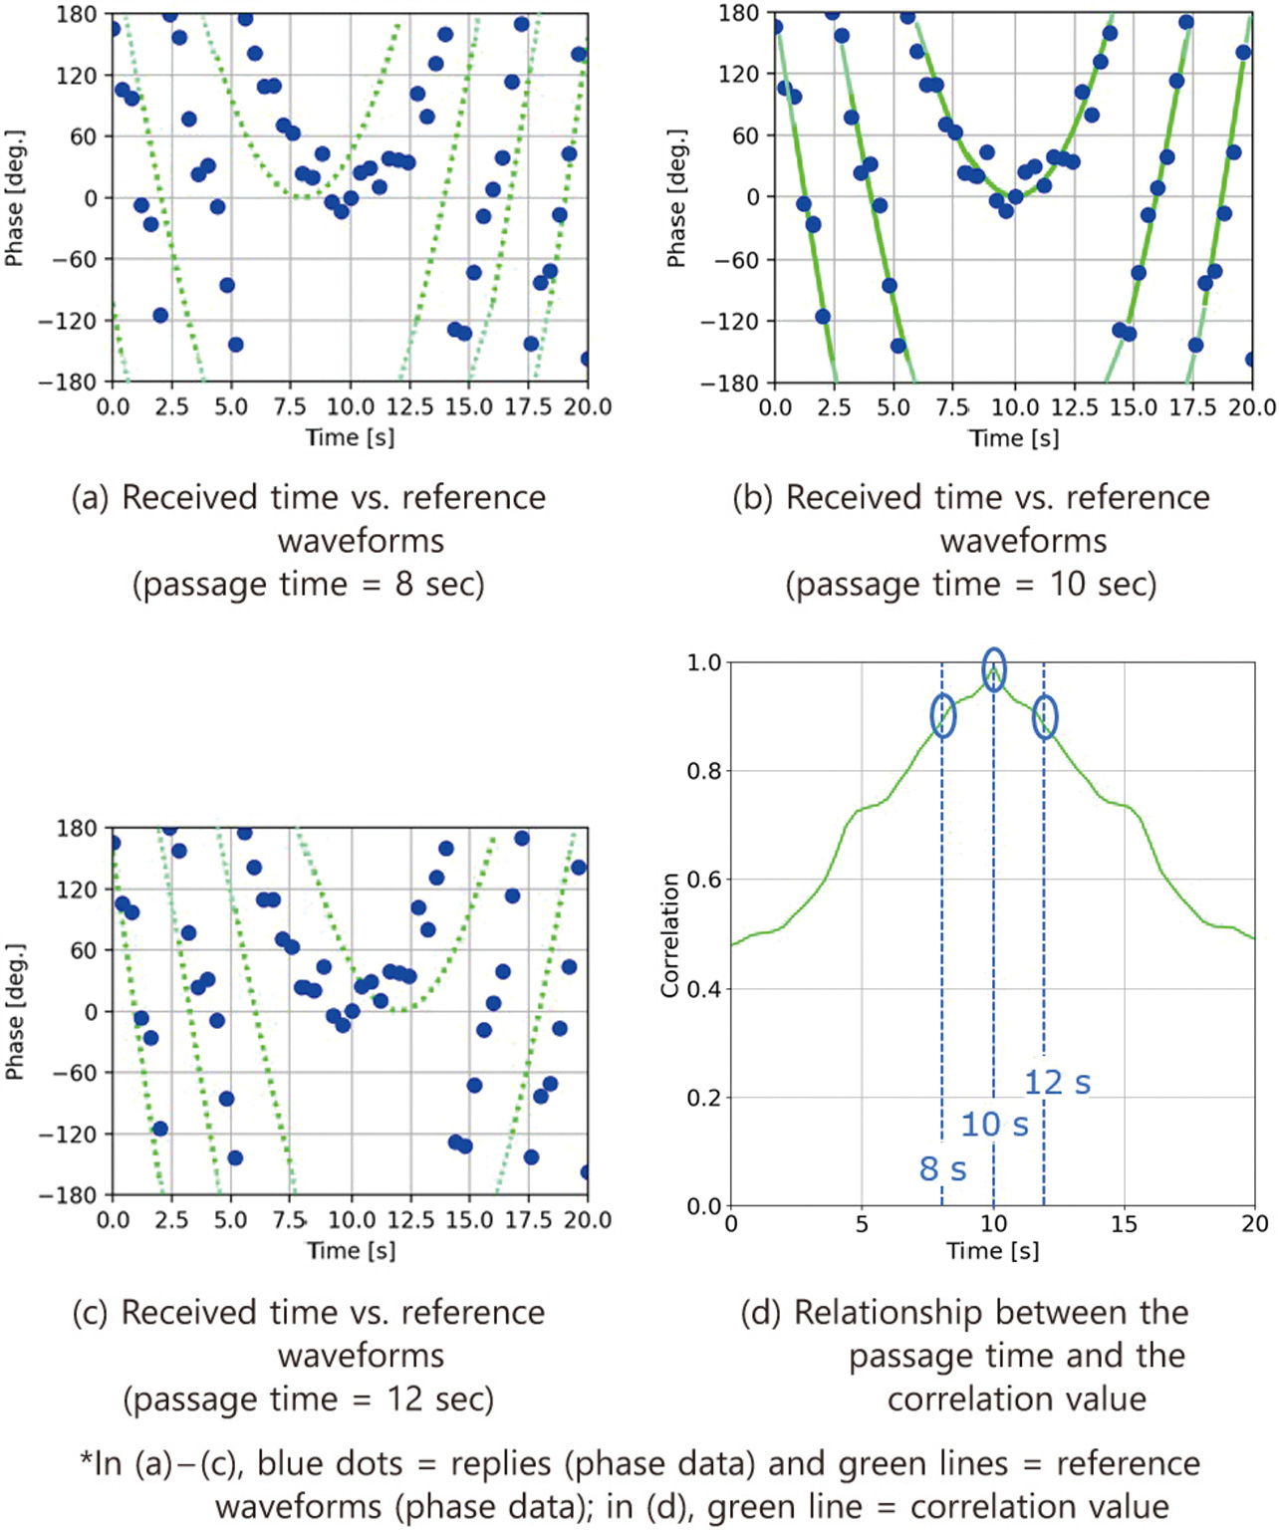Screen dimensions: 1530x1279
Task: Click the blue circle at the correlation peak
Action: (x=993, y=668)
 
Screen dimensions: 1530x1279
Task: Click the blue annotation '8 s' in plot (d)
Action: (x=942, y=1168)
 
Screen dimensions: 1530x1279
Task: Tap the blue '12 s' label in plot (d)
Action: (x=1057, y=1082)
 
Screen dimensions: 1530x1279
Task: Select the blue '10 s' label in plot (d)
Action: (x=994, y=1125)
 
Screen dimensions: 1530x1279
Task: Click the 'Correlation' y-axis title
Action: (x=669, y=934)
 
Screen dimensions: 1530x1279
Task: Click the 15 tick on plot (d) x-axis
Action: (x=1124, y=1224)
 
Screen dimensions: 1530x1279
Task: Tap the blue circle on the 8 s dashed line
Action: (x=942, y=715)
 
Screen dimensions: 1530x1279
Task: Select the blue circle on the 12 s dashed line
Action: (x=1044, y=716)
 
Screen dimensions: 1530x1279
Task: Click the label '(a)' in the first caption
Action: (x=90, y=498)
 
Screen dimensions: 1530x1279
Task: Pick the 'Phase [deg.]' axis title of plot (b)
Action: (x=676, y=198)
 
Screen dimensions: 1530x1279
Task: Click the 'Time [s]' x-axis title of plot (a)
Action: (x=350, y=437)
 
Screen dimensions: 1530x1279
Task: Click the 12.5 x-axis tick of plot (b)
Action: (x=1074, y=407)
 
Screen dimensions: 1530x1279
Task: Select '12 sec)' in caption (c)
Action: (x=439, y=1399)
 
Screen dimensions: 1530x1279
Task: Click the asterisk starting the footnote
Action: (x=86, y=1460)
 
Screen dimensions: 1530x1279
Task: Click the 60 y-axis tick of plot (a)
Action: (x=84, y=136)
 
